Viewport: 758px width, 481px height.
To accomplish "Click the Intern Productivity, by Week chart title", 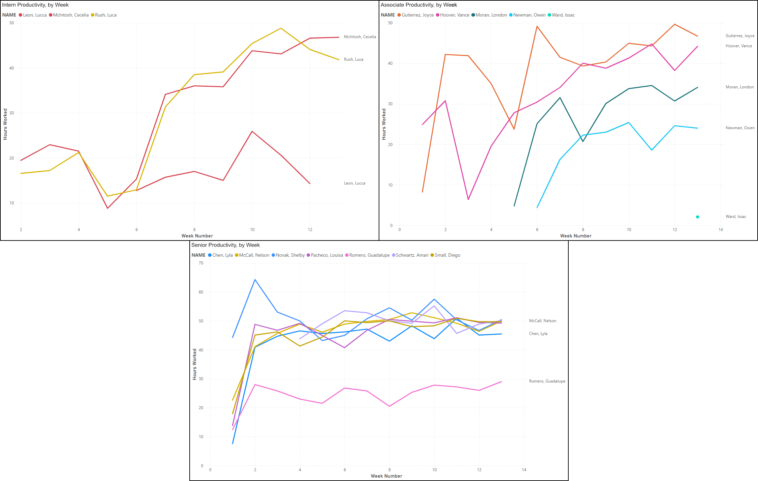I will coord(35,5).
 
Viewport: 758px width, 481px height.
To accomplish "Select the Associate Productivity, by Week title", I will coord(418,5).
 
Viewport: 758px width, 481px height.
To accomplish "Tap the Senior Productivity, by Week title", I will coord(225,245).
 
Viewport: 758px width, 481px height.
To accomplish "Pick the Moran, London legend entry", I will coord(491,15).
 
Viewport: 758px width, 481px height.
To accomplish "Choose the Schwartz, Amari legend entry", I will coord(412,255).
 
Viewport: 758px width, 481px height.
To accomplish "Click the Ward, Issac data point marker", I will coord(697,217).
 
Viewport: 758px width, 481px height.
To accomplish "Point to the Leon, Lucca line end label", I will coord(354,183).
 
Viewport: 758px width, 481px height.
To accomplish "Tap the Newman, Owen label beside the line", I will coord(740,128).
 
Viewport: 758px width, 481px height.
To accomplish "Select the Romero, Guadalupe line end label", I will coord(547,381).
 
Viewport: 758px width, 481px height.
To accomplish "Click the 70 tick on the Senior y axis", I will coord(201,263).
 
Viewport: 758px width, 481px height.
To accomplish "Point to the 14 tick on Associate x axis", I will coord(721,230).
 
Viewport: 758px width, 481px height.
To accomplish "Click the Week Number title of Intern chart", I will coord(197,236).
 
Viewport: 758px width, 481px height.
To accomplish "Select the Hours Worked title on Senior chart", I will coord(194,364).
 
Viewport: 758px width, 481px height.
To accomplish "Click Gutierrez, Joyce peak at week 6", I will coord(537,26).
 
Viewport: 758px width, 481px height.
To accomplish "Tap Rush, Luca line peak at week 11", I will coord(281,28).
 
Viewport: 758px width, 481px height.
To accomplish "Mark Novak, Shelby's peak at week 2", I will coord(255,280).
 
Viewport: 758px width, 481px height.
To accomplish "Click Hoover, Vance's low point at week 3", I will coord(468,199).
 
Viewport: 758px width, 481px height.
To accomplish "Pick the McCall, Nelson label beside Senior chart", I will coord(542,321).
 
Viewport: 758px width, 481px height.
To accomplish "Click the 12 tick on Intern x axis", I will coord(310,230).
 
